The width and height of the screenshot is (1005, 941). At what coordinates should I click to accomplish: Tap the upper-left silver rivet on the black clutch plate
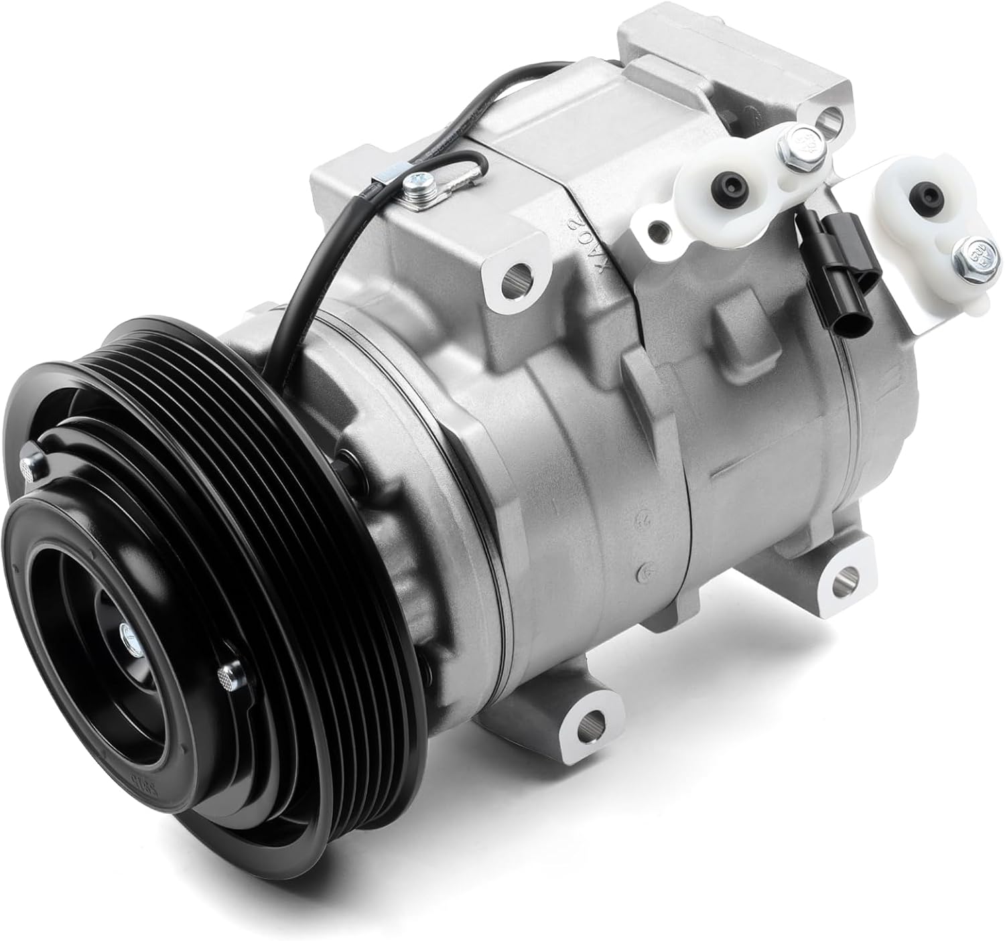point(29,464)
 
